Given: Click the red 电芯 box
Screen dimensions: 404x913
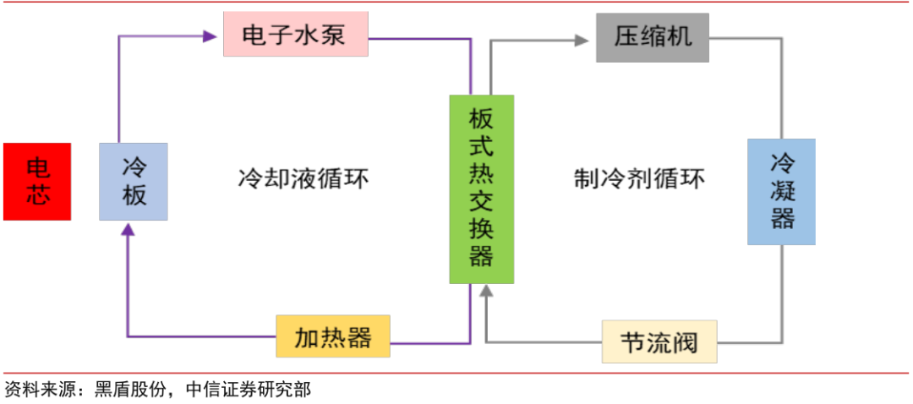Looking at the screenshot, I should point(37,182).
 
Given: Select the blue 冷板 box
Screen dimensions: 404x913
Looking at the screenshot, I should point(134,182).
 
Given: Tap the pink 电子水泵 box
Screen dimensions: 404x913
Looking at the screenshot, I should point(295,35).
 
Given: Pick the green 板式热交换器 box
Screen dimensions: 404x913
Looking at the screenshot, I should point(482,188).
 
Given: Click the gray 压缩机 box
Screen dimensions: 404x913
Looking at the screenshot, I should point(652,37).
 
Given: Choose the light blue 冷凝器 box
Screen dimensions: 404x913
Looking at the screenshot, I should point(781,192).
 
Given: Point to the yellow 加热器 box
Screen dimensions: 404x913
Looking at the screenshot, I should point(334,336).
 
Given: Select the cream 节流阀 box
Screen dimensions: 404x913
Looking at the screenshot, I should point(659,342).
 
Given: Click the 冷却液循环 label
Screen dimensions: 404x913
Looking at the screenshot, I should point(303,179).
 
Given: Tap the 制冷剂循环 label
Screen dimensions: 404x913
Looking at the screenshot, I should point(639,179).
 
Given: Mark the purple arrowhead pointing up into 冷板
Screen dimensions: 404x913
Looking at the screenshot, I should point(127,230).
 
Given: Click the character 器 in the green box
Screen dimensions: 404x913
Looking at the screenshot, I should point(482,256).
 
